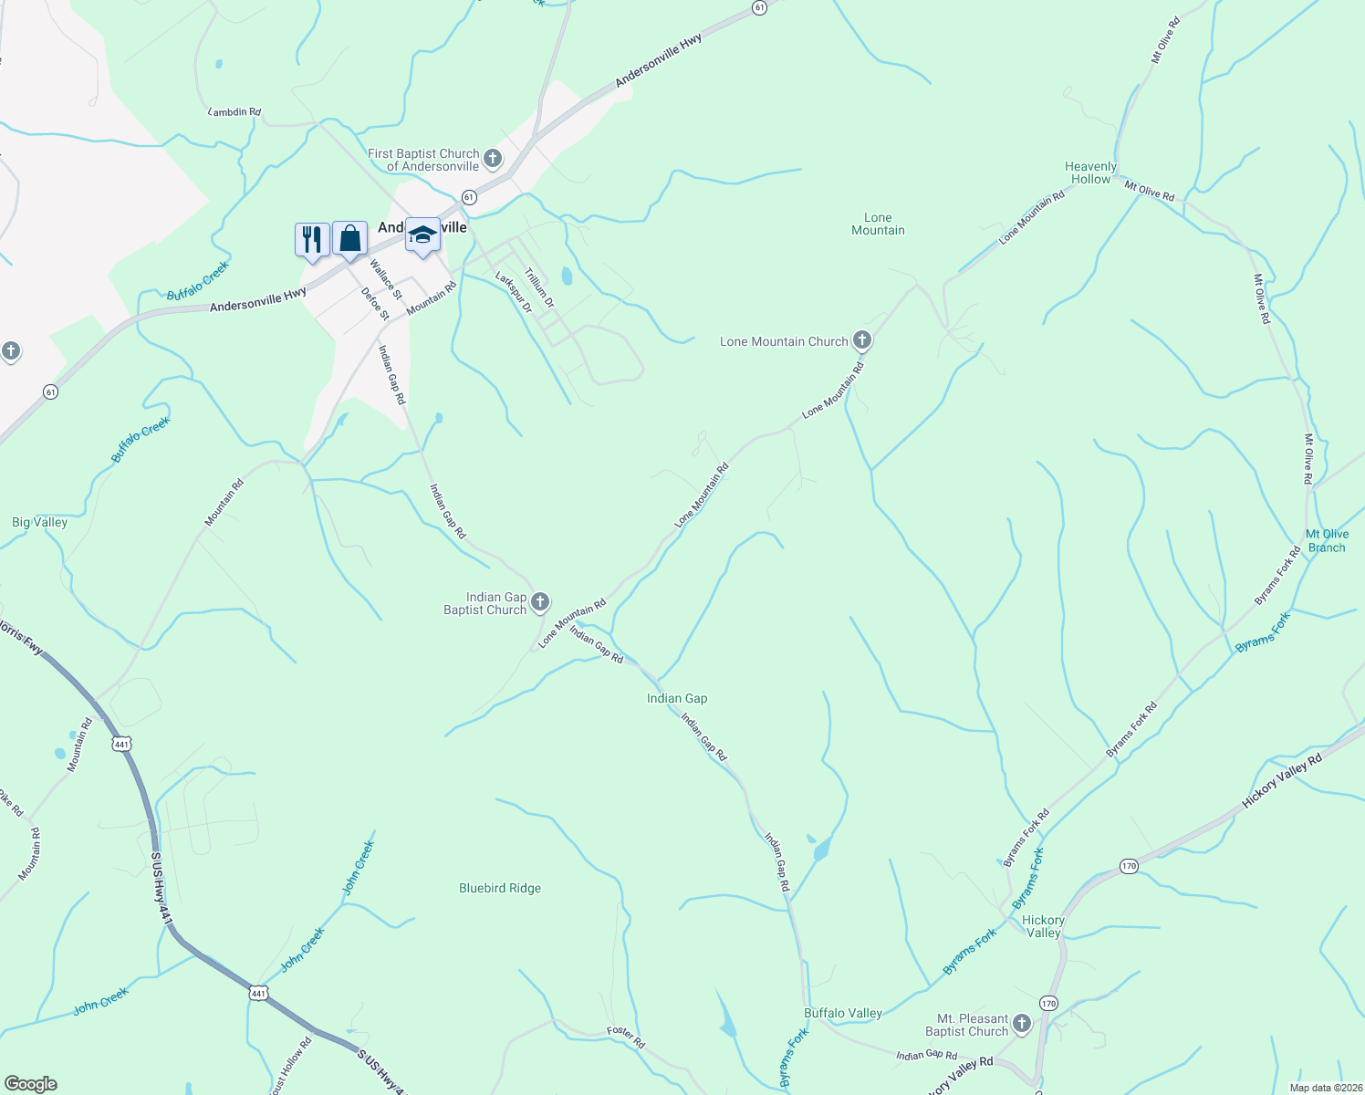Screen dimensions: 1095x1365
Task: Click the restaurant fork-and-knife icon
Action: [x=312, y=240]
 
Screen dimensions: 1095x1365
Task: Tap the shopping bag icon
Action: [x=349, y=239]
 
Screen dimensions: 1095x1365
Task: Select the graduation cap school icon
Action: [x=422, y=235]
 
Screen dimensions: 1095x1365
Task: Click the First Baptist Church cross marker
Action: [x=493, y=160]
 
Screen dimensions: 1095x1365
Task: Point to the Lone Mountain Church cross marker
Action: [x=862, y=341]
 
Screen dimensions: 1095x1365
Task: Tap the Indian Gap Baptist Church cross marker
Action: [x=540, y=602]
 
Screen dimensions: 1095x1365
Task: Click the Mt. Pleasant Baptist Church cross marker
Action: [x=1022, y=1025]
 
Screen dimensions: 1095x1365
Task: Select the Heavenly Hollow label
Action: [x=1090, y=172]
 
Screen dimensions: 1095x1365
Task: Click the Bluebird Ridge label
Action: [x=500, y=888]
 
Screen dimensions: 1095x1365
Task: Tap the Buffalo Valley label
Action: [x=843, y=1013]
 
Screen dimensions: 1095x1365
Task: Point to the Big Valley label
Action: [x=39, y=522]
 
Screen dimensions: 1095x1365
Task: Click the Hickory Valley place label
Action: [x=1043, y=926]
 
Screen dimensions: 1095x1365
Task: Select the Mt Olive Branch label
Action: [x=1327, y=541]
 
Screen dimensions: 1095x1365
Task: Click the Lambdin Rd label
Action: [x=234, y=112]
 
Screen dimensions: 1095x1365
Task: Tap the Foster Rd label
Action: [x=626, y=1037]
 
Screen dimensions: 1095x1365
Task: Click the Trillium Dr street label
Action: [x=538, y=287]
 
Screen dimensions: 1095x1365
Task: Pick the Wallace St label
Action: [x=385, y=278]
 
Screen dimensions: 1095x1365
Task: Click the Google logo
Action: [x=30, y=1084]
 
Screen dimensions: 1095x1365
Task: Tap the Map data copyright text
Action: [x=1325, y=1088]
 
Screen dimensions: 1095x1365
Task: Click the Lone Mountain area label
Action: [x=878, y=224]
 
